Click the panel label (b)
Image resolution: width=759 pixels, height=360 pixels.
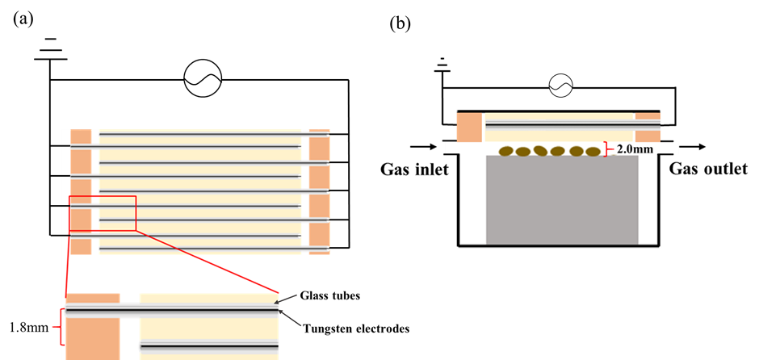coord(400,24)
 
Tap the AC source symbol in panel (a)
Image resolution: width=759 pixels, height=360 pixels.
coord(203,80)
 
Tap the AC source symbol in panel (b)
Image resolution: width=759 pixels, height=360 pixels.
coord(560,87)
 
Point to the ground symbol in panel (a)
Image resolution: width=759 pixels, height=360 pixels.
coord(50,49)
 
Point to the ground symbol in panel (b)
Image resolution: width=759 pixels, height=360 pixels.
coord(442,65)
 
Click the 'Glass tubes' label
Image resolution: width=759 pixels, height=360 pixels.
coord(330,296)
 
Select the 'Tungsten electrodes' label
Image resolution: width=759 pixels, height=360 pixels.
coord(357,329)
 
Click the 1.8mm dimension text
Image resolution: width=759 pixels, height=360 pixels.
coord(29,328)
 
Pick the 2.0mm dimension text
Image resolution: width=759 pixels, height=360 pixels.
coord(631,150)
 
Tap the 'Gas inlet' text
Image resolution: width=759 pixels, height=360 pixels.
coord(415,170)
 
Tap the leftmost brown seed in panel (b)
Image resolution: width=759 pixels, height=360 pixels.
coord(506,150)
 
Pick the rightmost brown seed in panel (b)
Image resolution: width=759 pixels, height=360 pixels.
coord(593,152)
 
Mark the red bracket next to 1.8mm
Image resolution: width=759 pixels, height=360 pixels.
coord(61,327)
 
